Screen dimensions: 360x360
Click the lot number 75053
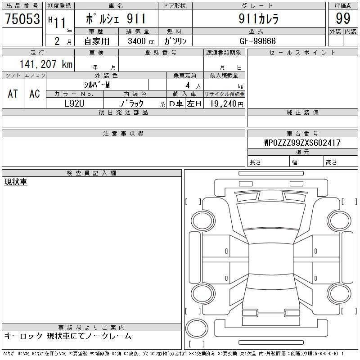click(22, 18)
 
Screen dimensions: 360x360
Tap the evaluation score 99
click(343, 18)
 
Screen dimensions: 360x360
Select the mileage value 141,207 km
click(46, 64)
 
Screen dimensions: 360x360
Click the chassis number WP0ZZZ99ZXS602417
click(302, 143)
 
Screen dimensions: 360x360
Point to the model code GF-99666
click(257, 41)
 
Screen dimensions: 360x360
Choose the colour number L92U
click(74, 103)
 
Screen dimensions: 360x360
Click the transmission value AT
click(13, 94)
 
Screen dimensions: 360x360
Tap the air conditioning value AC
click(35, 94)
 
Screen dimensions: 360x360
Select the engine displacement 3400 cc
click(141, 41)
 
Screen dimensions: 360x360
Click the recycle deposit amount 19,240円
click(227, 104)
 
